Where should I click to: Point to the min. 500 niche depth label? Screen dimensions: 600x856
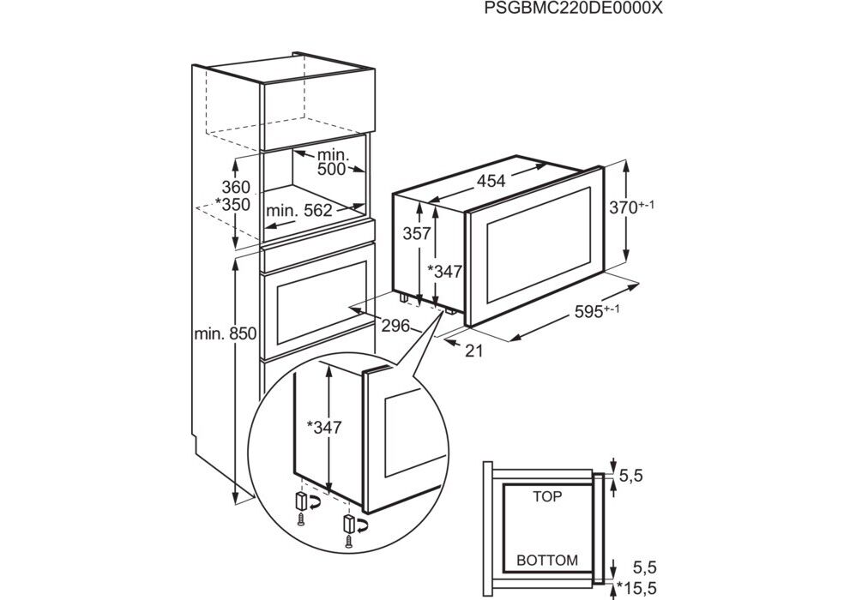(x=330, y=162)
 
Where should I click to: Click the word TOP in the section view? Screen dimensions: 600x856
(x=546, y=495)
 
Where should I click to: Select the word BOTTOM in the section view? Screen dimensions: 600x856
(x=546, y=561)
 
